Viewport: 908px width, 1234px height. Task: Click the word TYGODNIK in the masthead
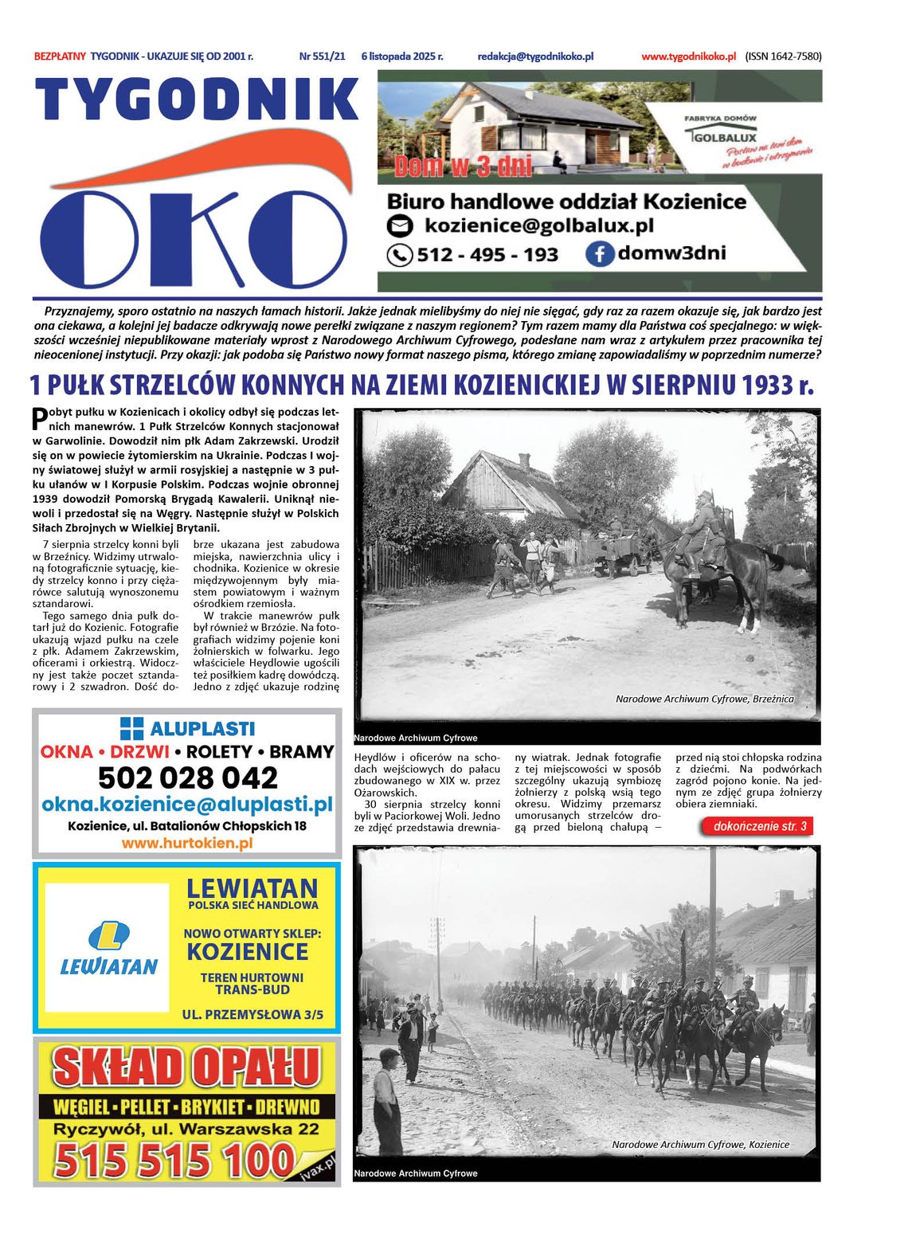[196, 100]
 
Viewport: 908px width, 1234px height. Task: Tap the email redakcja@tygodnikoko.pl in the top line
[535, 57]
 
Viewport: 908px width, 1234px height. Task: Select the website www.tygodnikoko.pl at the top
[688, 57]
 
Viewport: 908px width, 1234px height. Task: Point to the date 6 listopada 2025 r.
[401, 57]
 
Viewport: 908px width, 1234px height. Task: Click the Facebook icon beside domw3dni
[599, 254]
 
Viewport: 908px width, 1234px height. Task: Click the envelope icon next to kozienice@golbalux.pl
[400, 226]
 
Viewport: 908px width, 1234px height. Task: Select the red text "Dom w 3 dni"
[463, 166]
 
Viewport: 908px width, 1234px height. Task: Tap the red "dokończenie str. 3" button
[758, 826]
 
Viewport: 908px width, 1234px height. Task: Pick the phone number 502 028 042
[188, 778]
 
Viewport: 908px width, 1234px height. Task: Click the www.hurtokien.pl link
[187, 843]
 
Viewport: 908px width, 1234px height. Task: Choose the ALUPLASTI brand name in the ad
[202, 728]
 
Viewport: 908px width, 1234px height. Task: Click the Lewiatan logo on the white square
[108, 947]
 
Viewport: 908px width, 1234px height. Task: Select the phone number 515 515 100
[175, 1160]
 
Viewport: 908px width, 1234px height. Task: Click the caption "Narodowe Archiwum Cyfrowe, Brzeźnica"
[704, 699]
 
